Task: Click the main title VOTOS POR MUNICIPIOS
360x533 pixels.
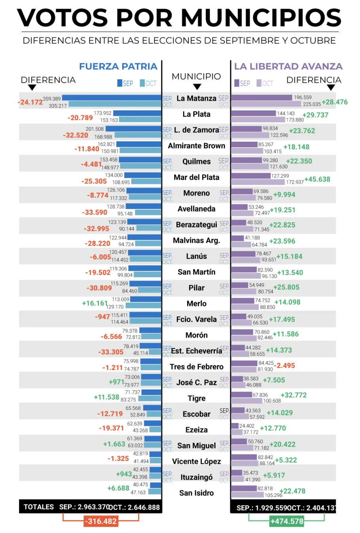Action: click(x=179, y=18)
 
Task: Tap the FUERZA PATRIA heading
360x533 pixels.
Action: click(x=118, y=66)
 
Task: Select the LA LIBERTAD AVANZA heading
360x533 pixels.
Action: click(x=288, y=66)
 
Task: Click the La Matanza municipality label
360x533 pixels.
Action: click(x=196, y=99)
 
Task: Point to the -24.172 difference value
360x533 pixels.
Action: click(x=30, y=102)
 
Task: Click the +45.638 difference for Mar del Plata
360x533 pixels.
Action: click(x=317, y=179)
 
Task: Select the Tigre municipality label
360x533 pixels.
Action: click(x=197, y=398)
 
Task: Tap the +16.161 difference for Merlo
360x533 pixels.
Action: click(x=95, y=303)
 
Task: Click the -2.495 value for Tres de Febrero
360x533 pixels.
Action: click(x=284, y=366)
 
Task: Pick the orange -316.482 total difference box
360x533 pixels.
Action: click(x=101, y=522)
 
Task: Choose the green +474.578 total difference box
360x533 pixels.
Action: click(x=287, y=522)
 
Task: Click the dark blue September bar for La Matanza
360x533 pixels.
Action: click(x=112, y=98)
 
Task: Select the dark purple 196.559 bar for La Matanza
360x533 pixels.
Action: click(x=261, y=97)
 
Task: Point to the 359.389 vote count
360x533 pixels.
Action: click(x=52, y=99)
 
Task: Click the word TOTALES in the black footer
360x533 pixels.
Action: click(x=39, y=507)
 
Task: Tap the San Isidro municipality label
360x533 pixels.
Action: click(x=197, y=493)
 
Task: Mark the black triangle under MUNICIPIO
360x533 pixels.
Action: click(x=197, y=87)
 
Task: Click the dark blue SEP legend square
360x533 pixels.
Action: click(x=119, y=83)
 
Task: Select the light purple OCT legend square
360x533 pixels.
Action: click(x=259, y=83)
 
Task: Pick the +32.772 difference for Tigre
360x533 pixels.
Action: click(x=294, y=395)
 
